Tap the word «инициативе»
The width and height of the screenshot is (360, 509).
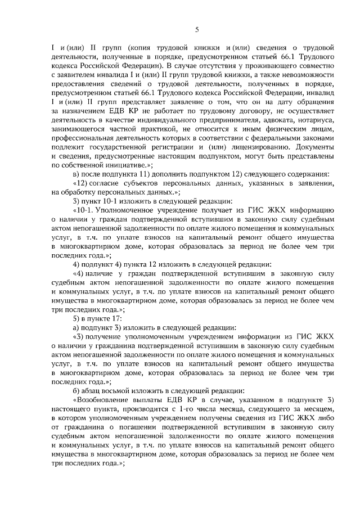click(129, 163)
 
